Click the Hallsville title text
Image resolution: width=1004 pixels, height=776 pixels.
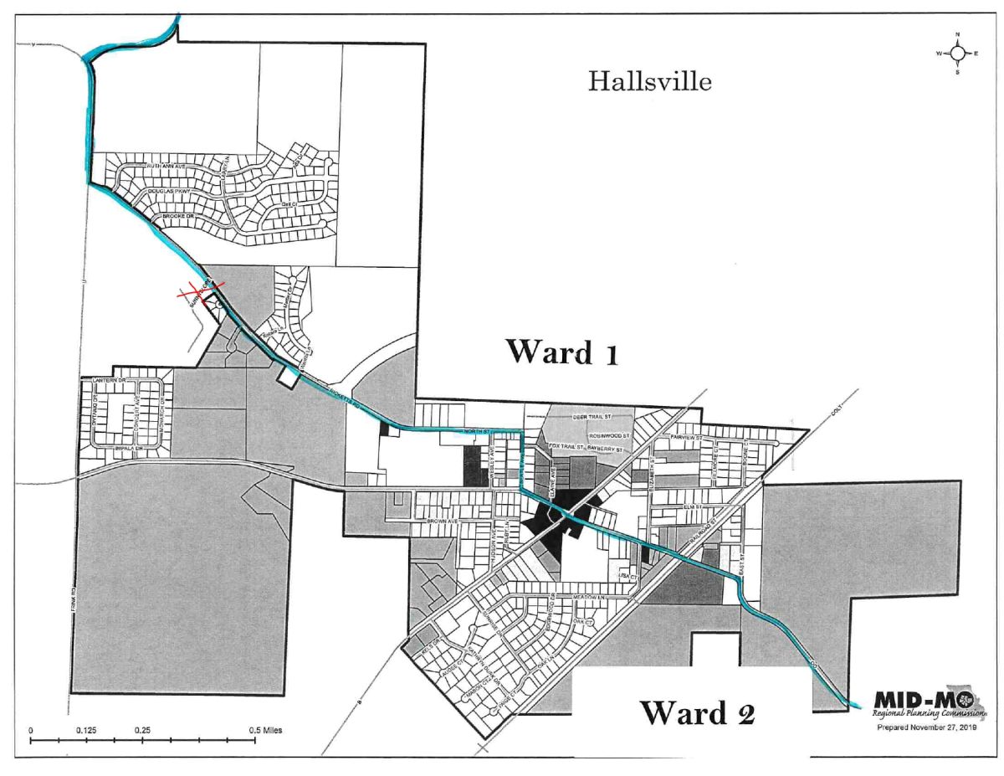(650, 82)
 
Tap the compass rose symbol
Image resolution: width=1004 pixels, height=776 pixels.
(957, 54)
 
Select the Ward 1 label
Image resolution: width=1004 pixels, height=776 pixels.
(561, 352)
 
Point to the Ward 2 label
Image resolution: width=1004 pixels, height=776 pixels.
(698, 712)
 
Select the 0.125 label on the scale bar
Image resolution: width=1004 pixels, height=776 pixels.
(86, 730)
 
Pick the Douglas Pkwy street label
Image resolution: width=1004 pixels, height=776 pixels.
(171, 192)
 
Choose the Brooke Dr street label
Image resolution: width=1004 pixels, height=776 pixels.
(178, 217)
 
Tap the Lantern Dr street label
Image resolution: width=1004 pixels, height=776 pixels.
(108, 381)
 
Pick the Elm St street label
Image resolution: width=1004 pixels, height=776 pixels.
(690, 507)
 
